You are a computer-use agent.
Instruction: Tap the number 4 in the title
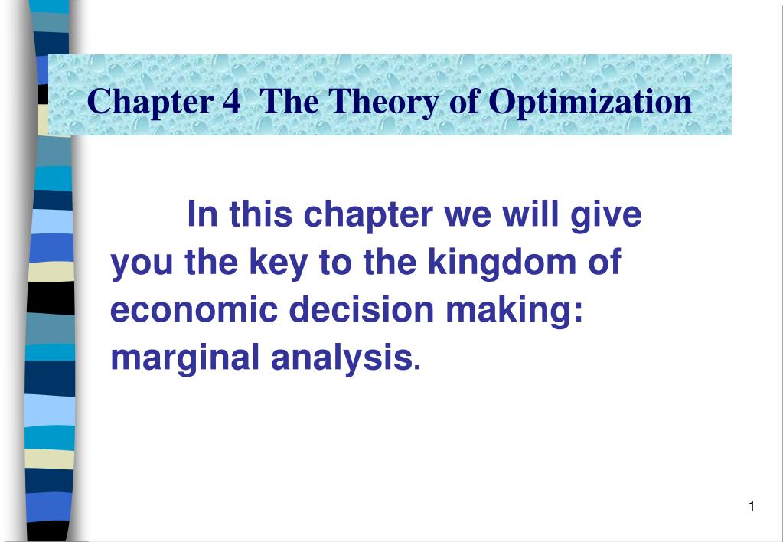(232, 101)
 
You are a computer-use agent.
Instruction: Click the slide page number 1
(752, 507)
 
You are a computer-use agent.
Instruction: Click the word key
(278, 263)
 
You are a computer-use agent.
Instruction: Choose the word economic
(194, 310)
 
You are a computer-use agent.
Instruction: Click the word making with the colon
(514, 311)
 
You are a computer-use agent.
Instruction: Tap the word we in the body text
(467, 217)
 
